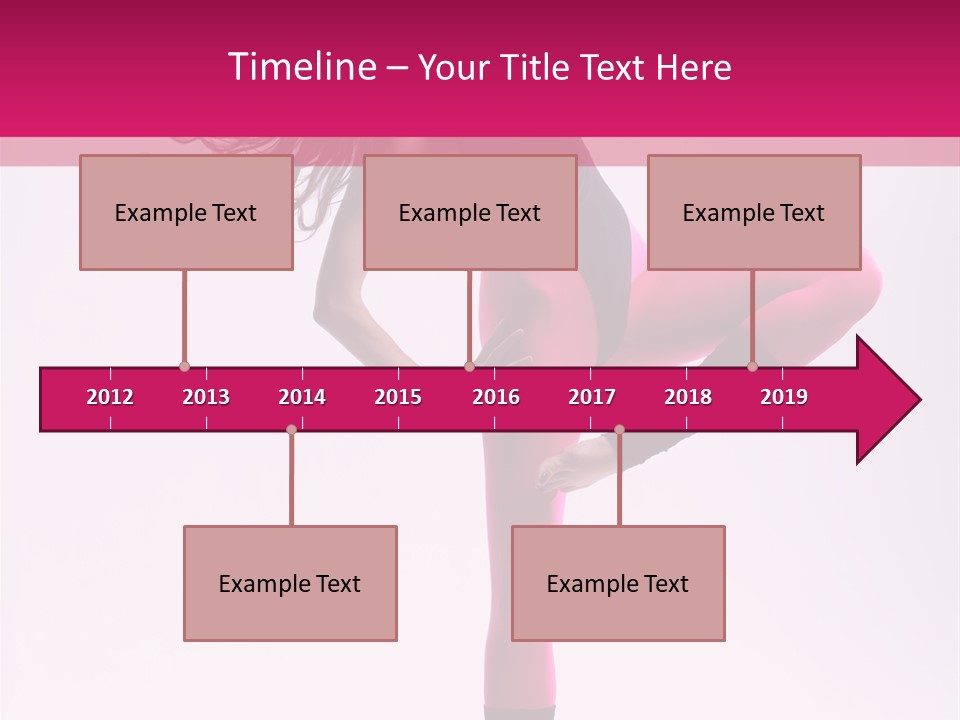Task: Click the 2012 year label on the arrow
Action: pyautogui.click(x=110, y=397)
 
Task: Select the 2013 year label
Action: pyautogui.click(x=206, y=397)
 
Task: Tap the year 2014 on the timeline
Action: pyautogui.click(x=302, y=397)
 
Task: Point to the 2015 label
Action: pyautogui.click(x=398, y=397)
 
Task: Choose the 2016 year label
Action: pyautogui.click(x=496, y=397)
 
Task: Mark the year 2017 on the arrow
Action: pyautogui.click(x=592, y=397)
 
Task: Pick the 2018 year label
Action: pyautogui.click(x=688, y=397)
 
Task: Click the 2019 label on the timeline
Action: pyautogui.click(x=784, y=397)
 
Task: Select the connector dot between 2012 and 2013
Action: pyautogui.click(x=184, y=367)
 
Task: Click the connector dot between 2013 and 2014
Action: pyautogui.click(x=291, y=429)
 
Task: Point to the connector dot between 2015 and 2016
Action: pyautogui.click(x=469, y=367)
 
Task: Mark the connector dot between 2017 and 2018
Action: pyautogui.click(x=619, y=429)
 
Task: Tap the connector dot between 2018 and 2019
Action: pyautogui.click(x=752, y=367)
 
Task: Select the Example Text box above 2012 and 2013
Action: pyautogui.click(x=186, y=213)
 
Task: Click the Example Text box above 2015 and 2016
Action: pyautogui.click(x=470, y=213)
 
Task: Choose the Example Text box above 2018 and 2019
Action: pyautogui.click(x=754, y=213)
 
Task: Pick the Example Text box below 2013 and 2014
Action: pyautogui.click(x=290, y=584)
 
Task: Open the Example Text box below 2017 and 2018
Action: pyautogui.click(x=618, y=584)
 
